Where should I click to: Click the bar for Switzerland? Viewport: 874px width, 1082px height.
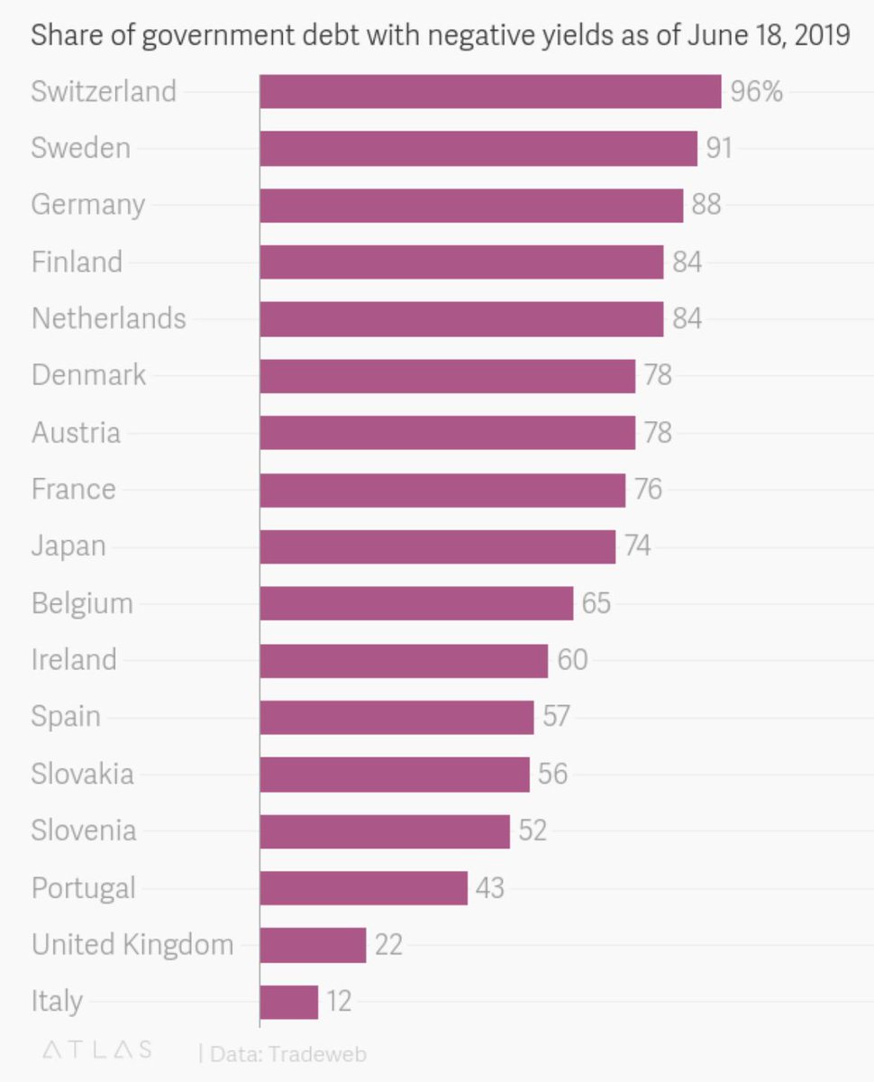490,92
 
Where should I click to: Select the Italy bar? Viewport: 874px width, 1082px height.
288,1002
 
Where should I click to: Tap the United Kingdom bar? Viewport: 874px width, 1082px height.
313,945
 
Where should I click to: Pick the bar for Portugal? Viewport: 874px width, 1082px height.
363,888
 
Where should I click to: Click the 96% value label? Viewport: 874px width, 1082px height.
756,92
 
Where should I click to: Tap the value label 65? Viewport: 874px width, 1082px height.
596,603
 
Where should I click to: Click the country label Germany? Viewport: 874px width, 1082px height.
87,206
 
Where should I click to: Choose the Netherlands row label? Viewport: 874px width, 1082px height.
108,318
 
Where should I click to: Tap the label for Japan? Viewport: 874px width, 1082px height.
68,546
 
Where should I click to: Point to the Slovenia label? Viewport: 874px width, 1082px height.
84,830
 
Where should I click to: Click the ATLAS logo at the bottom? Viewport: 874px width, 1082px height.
97,1051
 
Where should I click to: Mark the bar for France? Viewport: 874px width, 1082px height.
442,490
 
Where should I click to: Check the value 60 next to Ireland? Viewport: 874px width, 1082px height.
572,660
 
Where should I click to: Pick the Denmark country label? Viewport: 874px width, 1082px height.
88,375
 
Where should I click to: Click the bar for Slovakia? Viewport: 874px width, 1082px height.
395,774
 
